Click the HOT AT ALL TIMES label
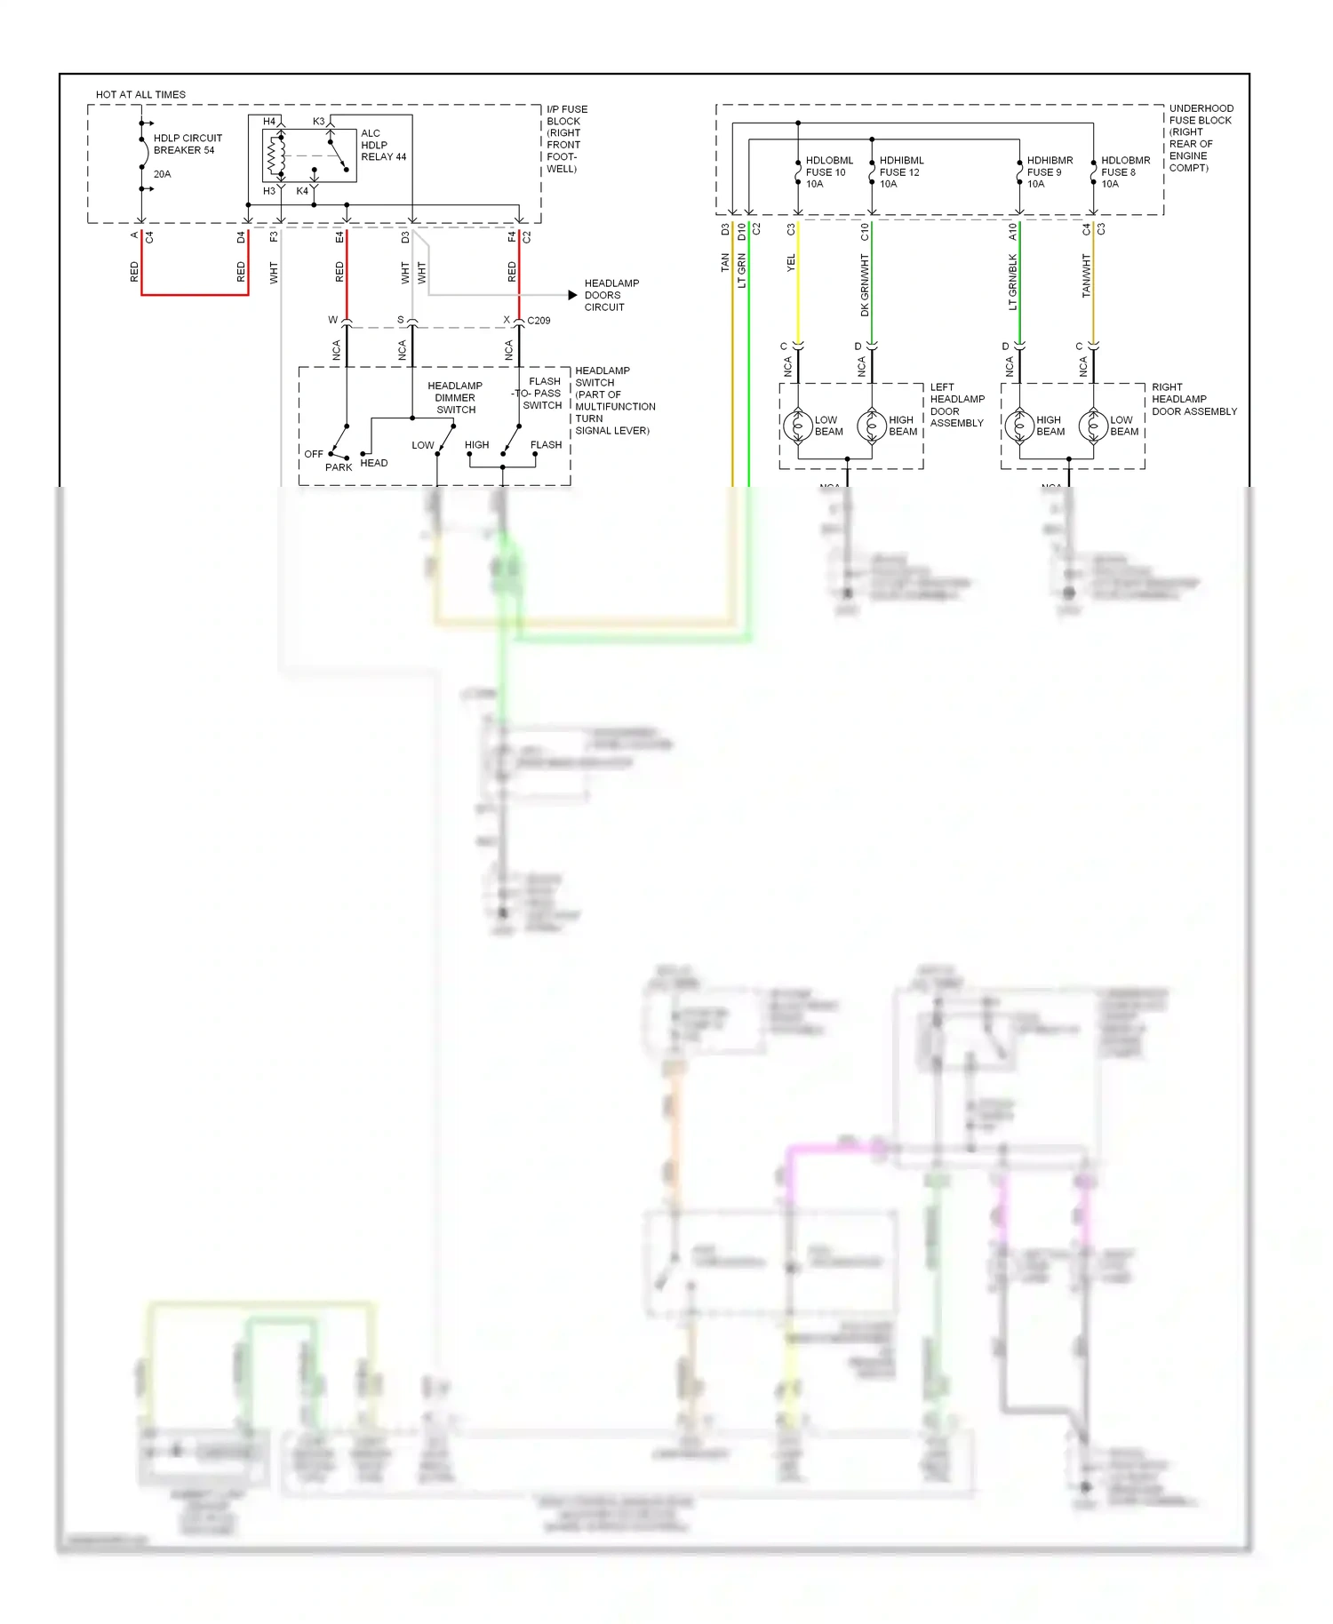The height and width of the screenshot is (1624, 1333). tap(140, 94)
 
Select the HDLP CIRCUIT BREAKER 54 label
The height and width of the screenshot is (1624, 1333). tap(187, 144)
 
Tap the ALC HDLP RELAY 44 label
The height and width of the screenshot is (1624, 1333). tap(383, 145)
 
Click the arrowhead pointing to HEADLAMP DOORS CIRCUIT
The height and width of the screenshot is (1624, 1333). tap(573, 295)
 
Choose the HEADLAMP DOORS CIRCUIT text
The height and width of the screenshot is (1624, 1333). tap(611, 295)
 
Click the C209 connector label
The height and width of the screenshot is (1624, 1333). tap(539, 321)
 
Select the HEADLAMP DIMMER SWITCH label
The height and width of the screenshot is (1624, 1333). tap(455, 398)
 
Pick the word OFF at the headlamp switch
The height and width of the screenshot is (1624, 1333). tap(314, 454)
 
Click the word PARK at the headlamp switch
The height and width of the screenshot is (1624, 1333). tap(339, 467)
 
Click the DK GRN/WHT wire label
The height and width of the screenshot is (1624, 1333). tap(864, 285)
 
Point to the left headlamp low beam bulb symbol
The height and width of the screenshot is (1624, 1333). tap(798, 426)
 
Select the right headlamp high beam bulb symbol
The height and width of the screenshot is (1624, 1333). tap(1019, 426)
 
